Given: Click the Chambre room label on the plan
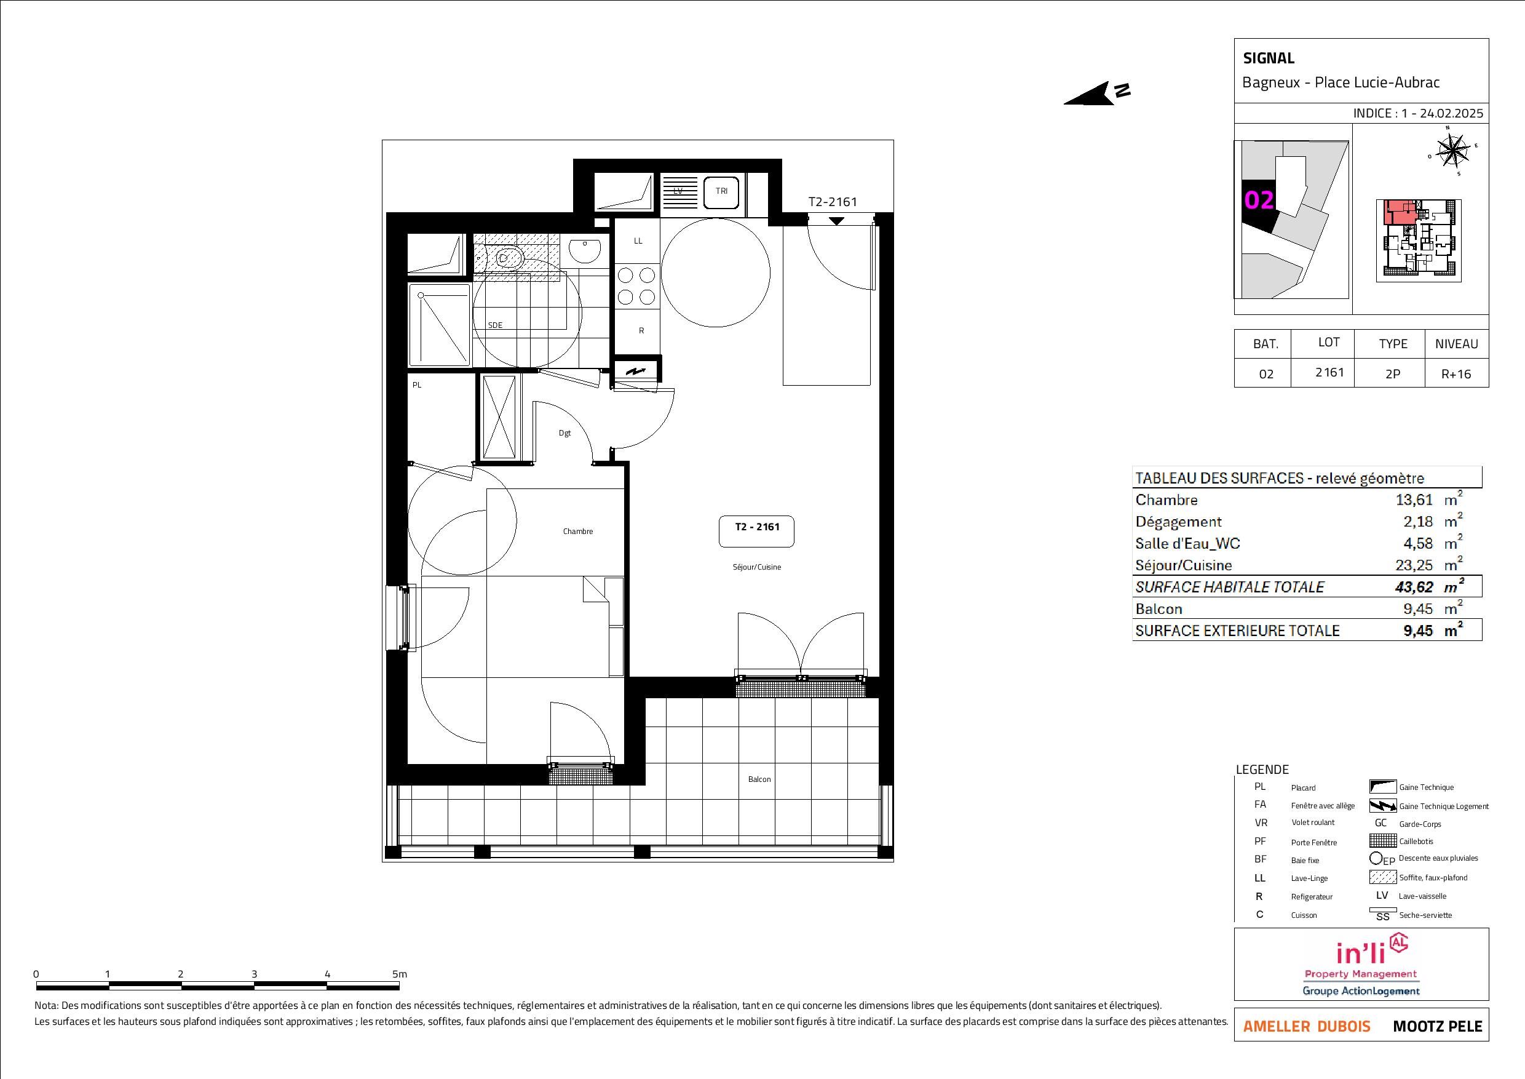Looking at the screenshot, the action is point(578,532).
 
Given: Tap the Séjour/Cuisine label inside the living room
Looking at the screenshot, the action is point(756,567).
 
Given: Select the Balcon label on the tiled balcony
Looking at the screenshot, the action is point(759,779).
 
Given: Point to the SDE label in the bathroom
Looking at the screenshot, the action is point(496,325).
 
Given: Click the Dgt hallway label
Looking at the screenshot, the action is point(564,433).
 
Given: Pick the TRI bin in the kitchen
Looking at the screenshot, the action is point(721,191).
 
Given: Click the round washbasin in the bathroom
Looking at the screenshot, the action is point(586,250).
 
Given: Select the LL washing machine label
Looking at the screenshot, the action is point(638,241).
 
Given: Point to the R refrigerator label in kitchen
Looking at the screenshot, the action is point(641,331).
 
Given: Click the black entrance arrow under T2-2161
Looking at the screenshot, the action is point(836,221).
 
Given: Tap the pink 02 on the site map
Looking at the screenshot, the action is point(1259,200).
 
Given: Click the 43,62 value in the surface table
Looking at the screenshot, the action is point(1414,587).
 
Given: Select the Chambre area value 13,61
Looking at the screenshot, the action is point(1414,500).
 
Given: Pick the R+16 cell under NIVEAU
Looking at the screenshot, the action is point(1456,374).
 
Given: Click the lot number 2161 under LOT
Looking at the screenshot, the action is point(1329,373).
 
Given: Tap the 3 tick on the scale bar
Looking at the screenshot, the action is point(255,974).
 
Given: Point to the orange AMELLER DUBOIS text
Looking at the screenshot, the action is point(1307,1027).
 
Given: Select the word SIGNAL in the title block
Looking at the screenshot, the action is point(1269,58).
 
